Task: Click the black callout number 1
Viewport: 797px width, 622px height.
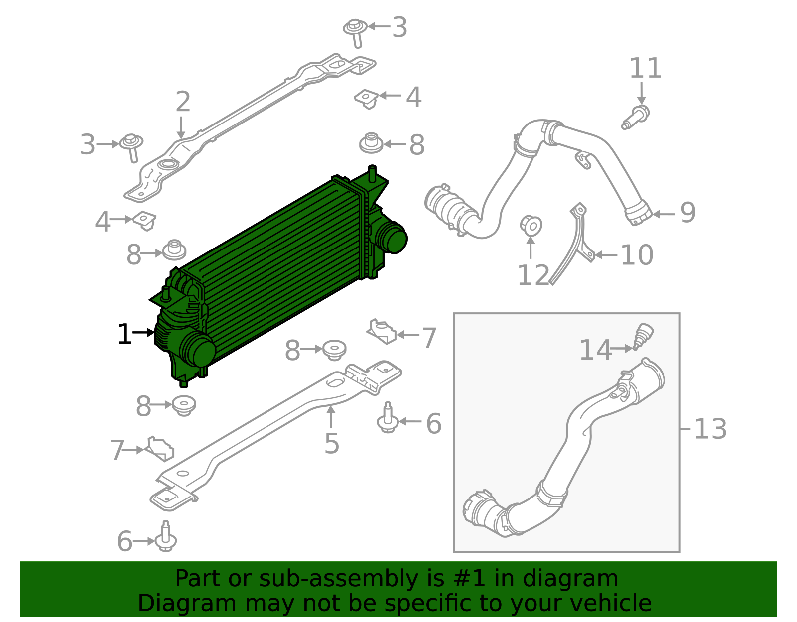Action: (x=124, y=334)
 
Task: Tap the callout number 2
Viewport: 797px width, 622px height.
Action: (x=183, y=102)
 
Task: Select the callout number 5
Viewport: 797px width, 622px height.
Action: (x=331, y=443)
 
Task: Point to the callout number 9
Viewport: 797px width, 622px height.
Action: (x=687, y=213)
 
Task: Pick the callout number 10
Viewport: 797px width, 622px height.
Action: (x=637, y=255)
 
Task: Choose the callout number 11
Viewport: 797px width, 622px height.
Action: (x=645, y=69)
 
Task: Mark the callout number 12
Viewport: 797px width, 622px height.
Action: (x=533, y=275)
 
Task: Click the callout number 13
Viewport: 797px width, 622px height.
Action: (x=710, y=429)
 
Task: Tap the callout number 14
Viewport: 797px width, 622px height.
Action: (x=595, y=350)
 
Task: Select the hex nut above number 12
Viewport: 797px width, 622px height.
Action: (x=531, y=225)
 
